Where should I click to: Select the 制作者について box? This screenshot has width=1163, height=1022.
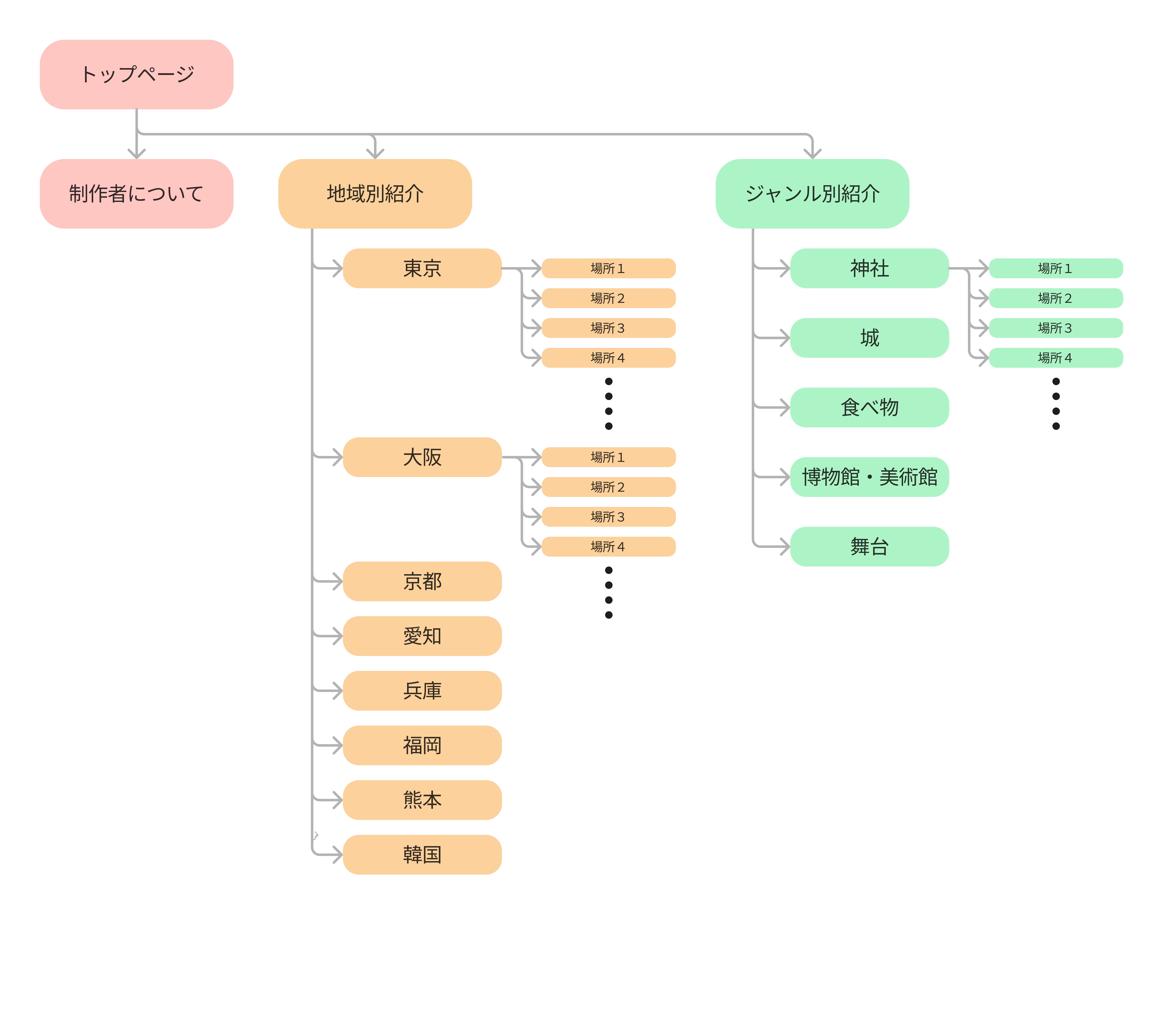(137, 193)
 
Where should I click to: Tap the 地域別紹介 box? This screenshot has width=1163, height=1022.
(375, 193)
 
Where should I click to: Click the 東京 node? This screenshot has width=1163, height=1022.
(422, 268)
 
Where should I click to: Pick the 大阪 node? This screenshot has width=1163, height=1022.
(422, 457)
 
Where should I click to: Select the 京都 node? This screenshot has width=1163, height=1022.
(422, 581)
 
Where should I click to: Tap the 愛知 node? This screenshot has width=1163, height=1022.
(422, 636)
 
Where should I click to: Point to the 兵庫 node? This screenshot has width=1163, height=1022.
(422, 690)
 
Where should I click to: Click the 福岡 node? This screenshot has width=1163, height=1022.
(422, 745)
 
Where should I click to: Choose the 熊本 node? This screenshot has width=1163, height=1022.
(422, 799)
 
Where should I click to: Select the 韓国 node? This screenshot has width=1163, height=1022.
(422, 854)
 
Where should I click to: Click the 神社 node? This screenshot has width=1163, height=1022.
(869, 268)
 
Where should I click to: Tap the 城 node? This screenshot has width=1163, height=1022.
(869, 337)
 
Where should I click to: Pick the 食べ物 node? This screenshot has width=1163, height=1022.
(869, 407)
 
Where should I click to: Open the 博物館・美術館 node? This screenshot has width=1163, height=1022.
(869, 477)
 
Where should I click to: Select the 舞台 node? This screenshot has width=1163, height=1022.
(869, 546)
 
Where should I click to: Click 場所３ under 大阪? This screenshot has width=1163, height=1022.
(608, 517)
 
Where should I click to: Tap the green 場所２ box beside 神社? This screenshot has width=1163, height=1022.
(1056, 298)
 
